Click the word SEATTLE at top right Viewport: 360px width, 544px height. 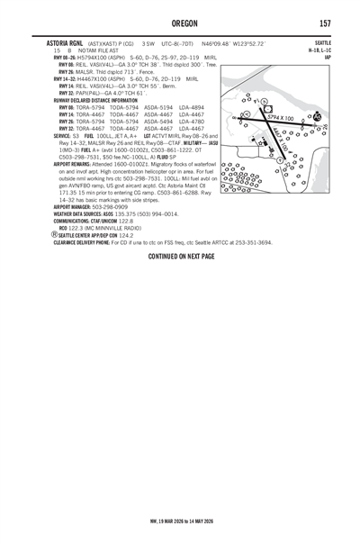(x=321, y=42)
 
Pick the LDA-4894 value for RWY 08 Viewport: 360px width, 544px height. (x=198, y=107)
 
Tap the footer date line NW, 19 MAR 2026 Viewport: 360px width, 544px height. (x=180, y=520)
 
